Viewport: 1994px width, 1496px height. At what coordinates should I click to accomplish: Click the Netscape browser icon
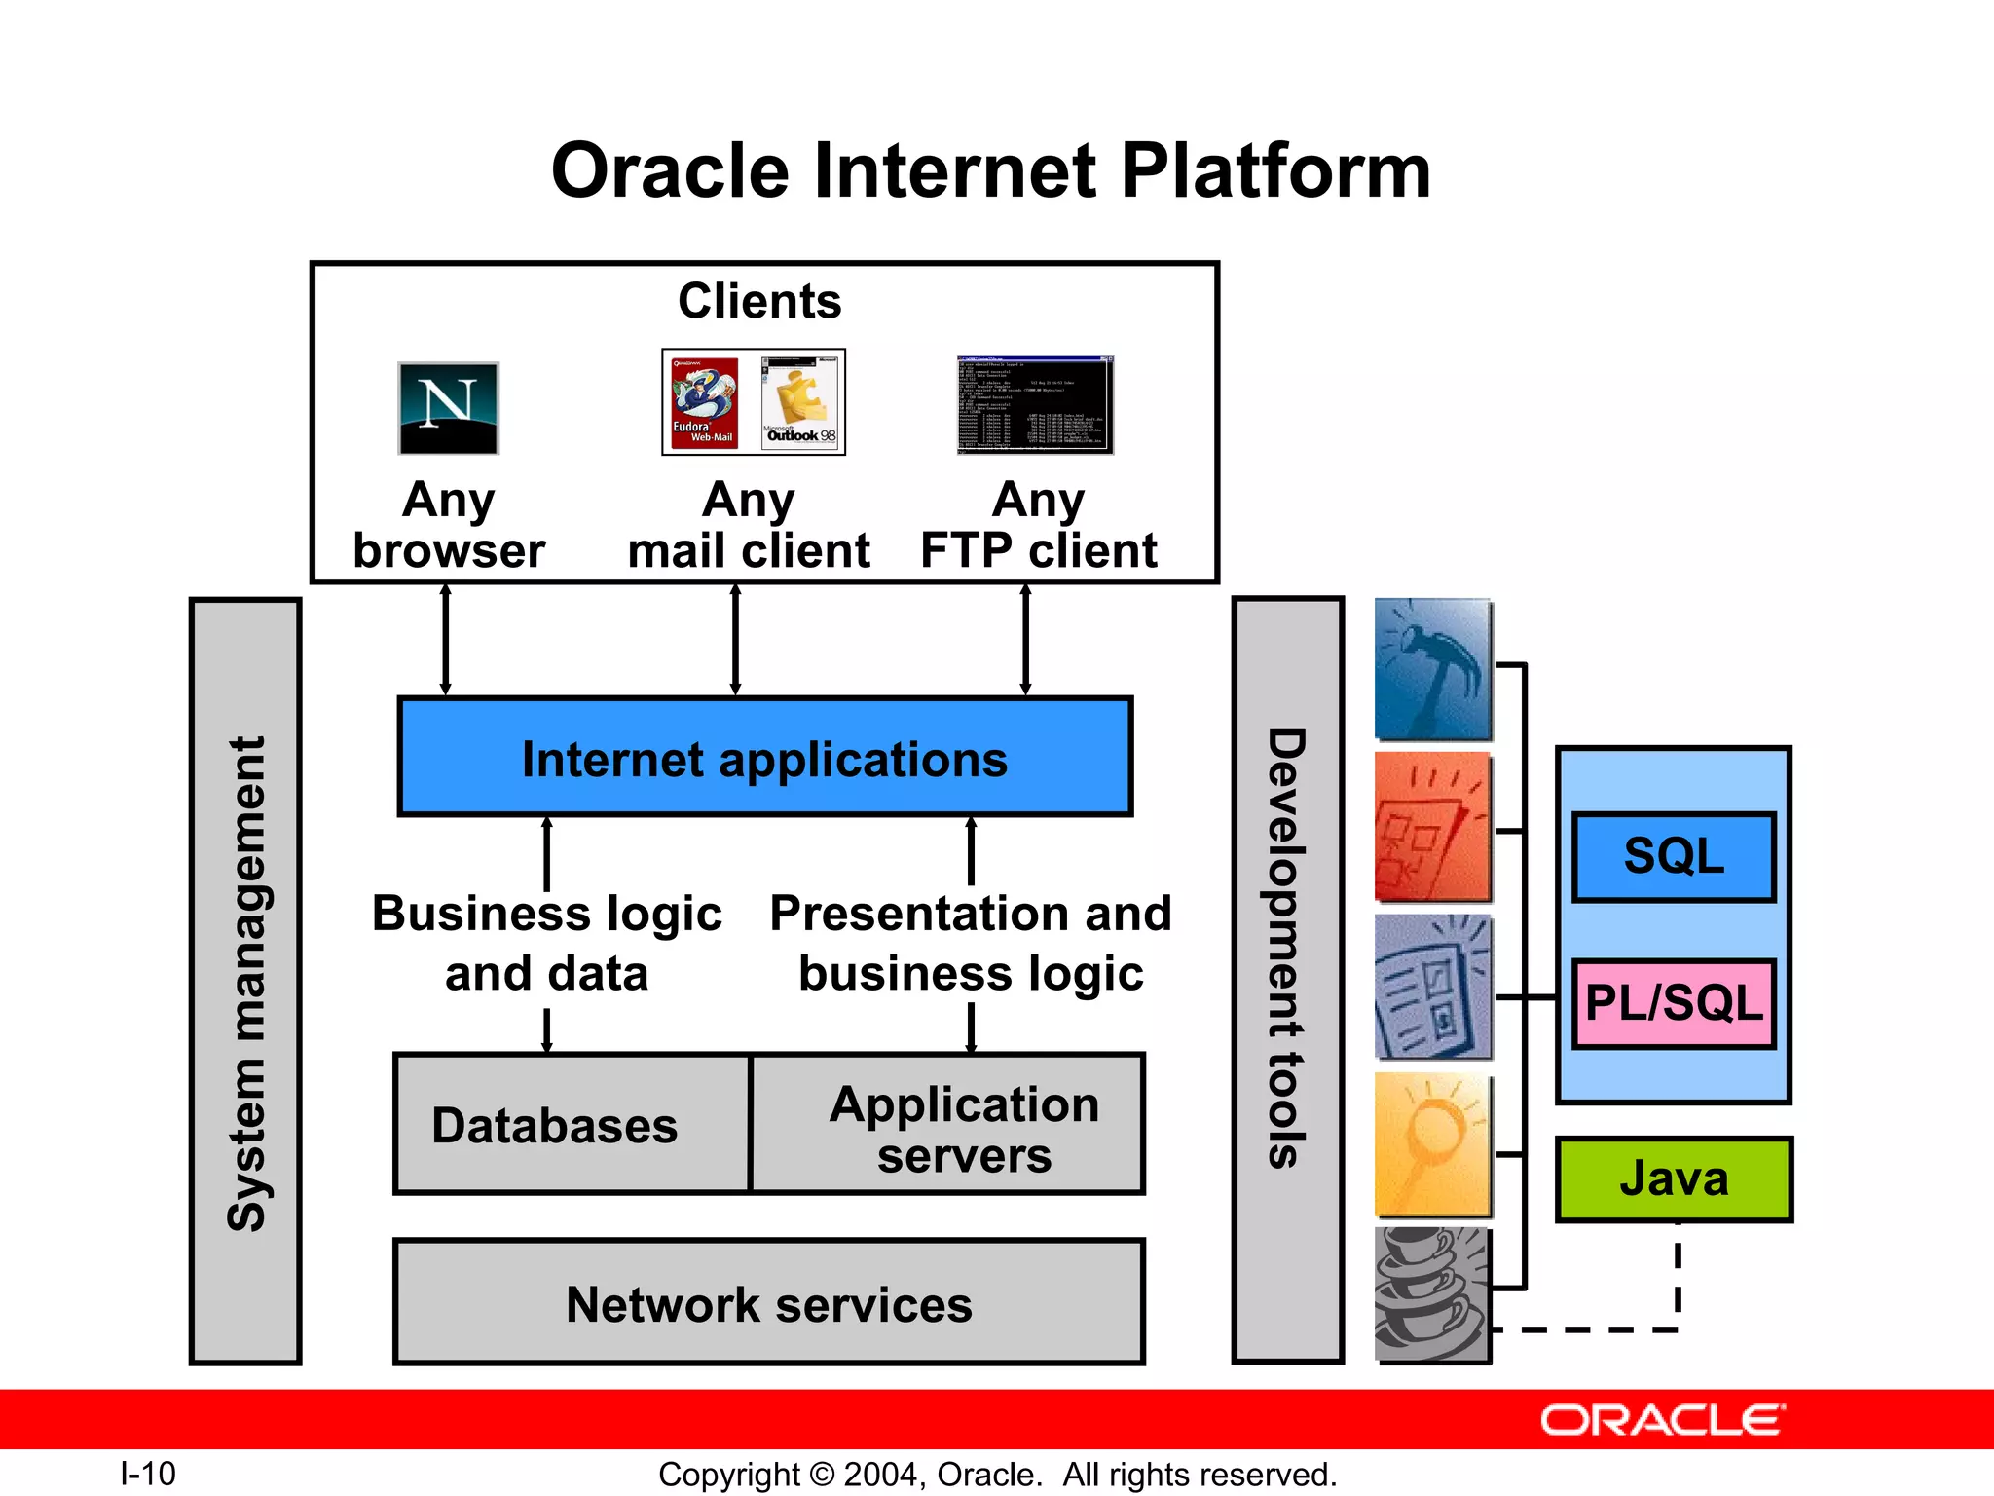click(x=448, y=408)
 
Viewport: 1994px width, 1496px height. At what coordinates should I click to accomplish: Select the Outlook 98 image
click(x=800, y=402)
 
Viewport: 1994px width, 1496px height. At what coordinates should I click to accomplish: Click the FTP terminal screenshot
click(x=1034, y=405)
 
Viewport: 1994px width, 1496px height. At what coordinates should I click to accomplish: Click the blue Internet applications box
click(x=765, y=758)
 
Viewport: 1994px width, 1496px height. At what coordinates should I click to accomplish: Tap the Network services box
click(x=769, y=1303)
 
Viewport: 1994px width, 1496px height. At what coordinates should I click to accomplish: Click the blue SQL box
click(x=1674, y=857)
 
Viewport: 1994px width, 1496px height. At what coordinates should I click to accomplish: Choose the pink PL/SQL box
click(x=1674, y=1003)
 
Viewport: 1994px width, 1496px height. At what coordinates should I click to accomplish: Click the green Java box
click(x=1674, y=1178)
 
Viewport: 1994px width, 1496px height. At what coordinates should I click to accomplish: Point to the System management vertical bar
click(x=245, y=982)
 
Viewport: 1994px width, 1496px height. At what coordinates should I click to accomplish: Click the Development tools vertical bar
click(x=1287, y=980)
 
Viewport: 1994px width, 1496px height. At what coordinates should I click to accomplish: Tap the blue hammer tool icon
click(x=1432, y=670)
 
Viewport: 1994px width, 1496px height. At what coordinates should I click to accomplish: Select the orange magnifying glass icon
click(x=1432, y=1145)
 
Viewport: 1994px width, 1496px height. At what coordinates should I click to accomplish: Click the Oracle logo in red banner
click(x=1662, y=1420)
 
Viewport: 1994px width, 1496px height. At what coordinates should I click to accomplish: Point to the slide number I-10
click(x=148, y=1473)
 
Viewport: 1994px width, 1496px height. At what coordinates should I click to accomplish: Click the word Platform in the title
click(x=1275, y=171)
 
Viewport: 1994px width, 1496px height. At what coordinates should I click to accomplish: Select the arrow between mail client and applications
click(x=735, y=640)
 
